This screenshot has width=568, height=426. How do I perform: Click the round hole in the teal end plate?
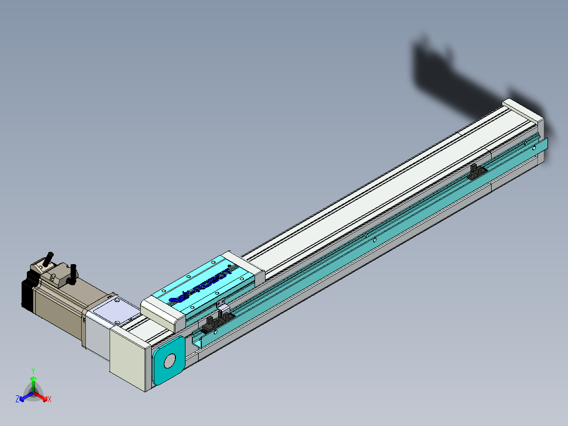pos(170,361)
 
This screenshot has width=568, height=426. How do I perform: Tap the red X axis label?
pos(49,400)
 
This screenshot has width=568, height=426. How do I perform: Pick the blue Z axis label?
pos(17,400)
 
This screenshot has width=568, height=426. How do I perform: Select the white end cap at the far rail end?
pos(522,111)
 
